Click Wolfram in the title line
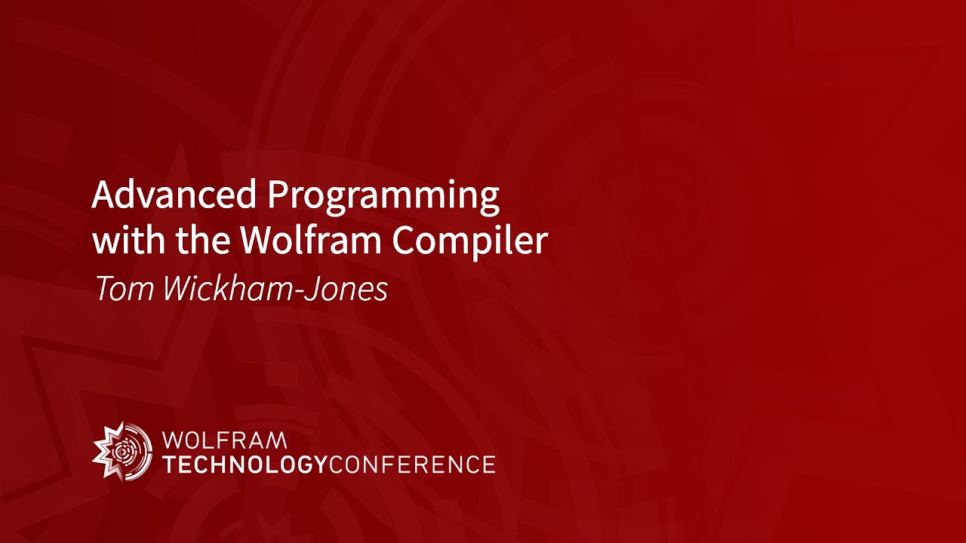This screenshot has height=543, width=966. point(312,241)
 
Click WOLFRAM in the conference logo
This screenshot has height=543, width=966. point(225,440)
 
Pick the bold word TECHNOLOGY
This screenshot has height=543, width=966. point(245,464)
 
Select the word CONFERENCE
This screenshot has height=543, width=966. point(412,464)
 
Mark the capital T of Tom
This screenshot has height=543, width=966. point(103,290)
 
